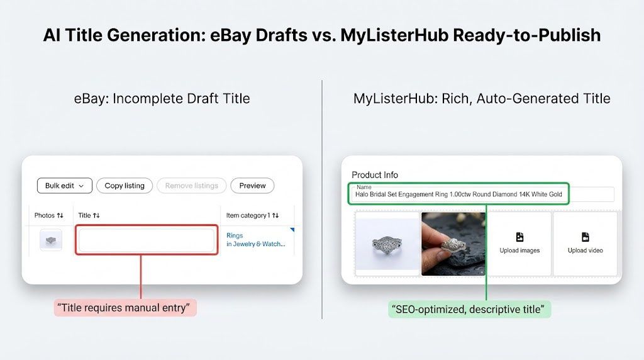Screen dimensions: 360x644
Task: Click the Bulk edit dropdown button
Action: [65, 186]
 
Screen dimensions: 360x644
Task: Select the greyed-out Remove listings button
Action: [191, 186]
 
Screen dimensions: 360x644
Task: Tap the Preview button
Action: [252, 186]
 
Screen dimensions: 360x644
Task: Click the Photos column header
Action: [48, 215]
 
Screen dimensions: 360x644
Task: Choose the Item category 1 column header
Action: [252, 215]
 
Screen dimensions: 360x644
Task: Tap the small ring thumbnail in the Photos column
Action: [51, 240]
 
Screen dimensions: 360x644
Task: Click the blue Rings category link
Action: [235, 235]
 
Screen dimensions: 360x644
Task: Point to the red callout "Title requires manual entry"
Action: [125, 308]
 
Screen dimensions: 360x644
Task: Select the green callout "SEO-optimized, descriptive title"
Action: [469, 309]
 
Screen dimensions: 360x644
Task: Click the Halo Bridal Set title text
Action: [458, 194]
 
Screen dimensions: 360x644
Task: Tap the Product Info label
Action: [375, 175]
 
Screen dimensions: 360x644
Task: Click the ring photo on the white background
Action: [387, 244]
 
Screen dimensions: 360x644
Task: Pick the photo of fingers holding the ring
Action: [453, 244]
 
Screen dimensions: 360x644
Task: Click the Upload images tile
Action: [519, 244]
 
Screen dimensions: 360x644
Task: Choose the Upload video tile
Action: [585, 244]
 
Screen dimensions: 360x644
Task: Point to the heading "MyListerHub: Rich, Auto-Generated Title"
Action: [482, 99]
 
